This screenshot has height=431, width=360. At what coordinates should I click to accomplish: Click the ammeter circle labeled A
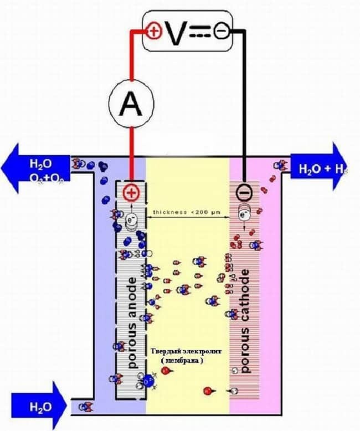131,102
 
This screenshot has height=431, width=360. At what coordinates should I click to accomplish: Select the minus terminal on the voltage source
220,32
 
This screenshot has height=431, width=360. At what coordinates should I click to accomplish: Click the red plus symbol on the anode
131,192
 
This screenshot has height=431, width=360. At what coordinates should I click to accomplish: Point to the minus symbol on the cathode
244,192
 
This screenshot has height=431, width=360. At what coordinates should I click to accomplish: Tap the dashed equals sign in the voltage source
199,33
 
